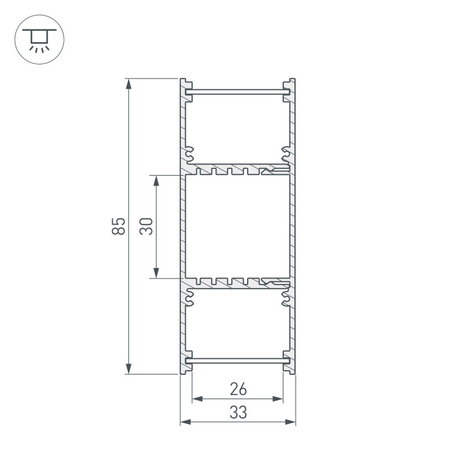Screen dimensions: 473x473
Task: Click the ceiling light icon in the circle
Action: pyautogui.click(x=39, y=39)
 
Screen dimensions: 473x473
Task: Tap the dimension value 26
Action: pyautogui.click(x=238, y=389)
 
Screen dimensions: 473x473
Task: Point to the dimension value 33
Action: pyautogui.click(x=238, y=412)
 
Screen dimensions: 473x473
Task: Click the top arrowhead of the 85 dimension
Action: pyautogui.click(x=128, y=83)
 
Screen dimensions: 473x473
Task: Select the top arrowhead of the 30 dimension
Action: pyautogui.click(x=156, y=180)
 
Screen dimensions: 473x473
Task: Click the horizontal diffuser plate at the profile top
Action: pyautogui.click(x=237, y=92)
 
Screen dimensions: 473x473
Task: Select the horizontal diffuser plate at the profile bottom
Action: pyautogui.click(x=237, y=360)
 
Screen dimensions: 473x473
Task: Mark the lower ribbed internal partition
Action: pyautogui.click(x=237, y=283)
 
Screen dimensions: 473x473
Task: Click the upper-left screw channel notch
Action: pyautogui.click(x=190, y=155)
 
